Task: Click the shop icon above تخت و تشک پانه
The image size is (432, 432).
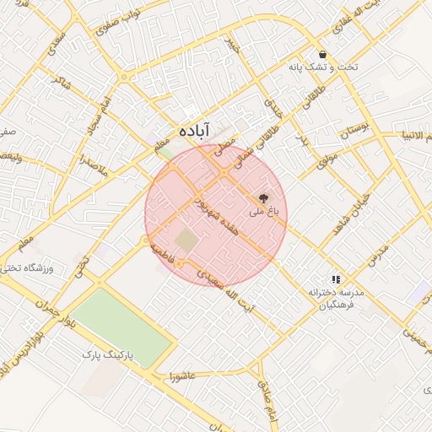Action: [323, 54]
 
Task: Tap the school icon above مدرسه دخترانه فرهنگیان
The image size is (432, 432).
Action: [336, 278]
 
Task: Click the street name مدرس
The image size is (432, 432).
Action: [379, 251]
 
